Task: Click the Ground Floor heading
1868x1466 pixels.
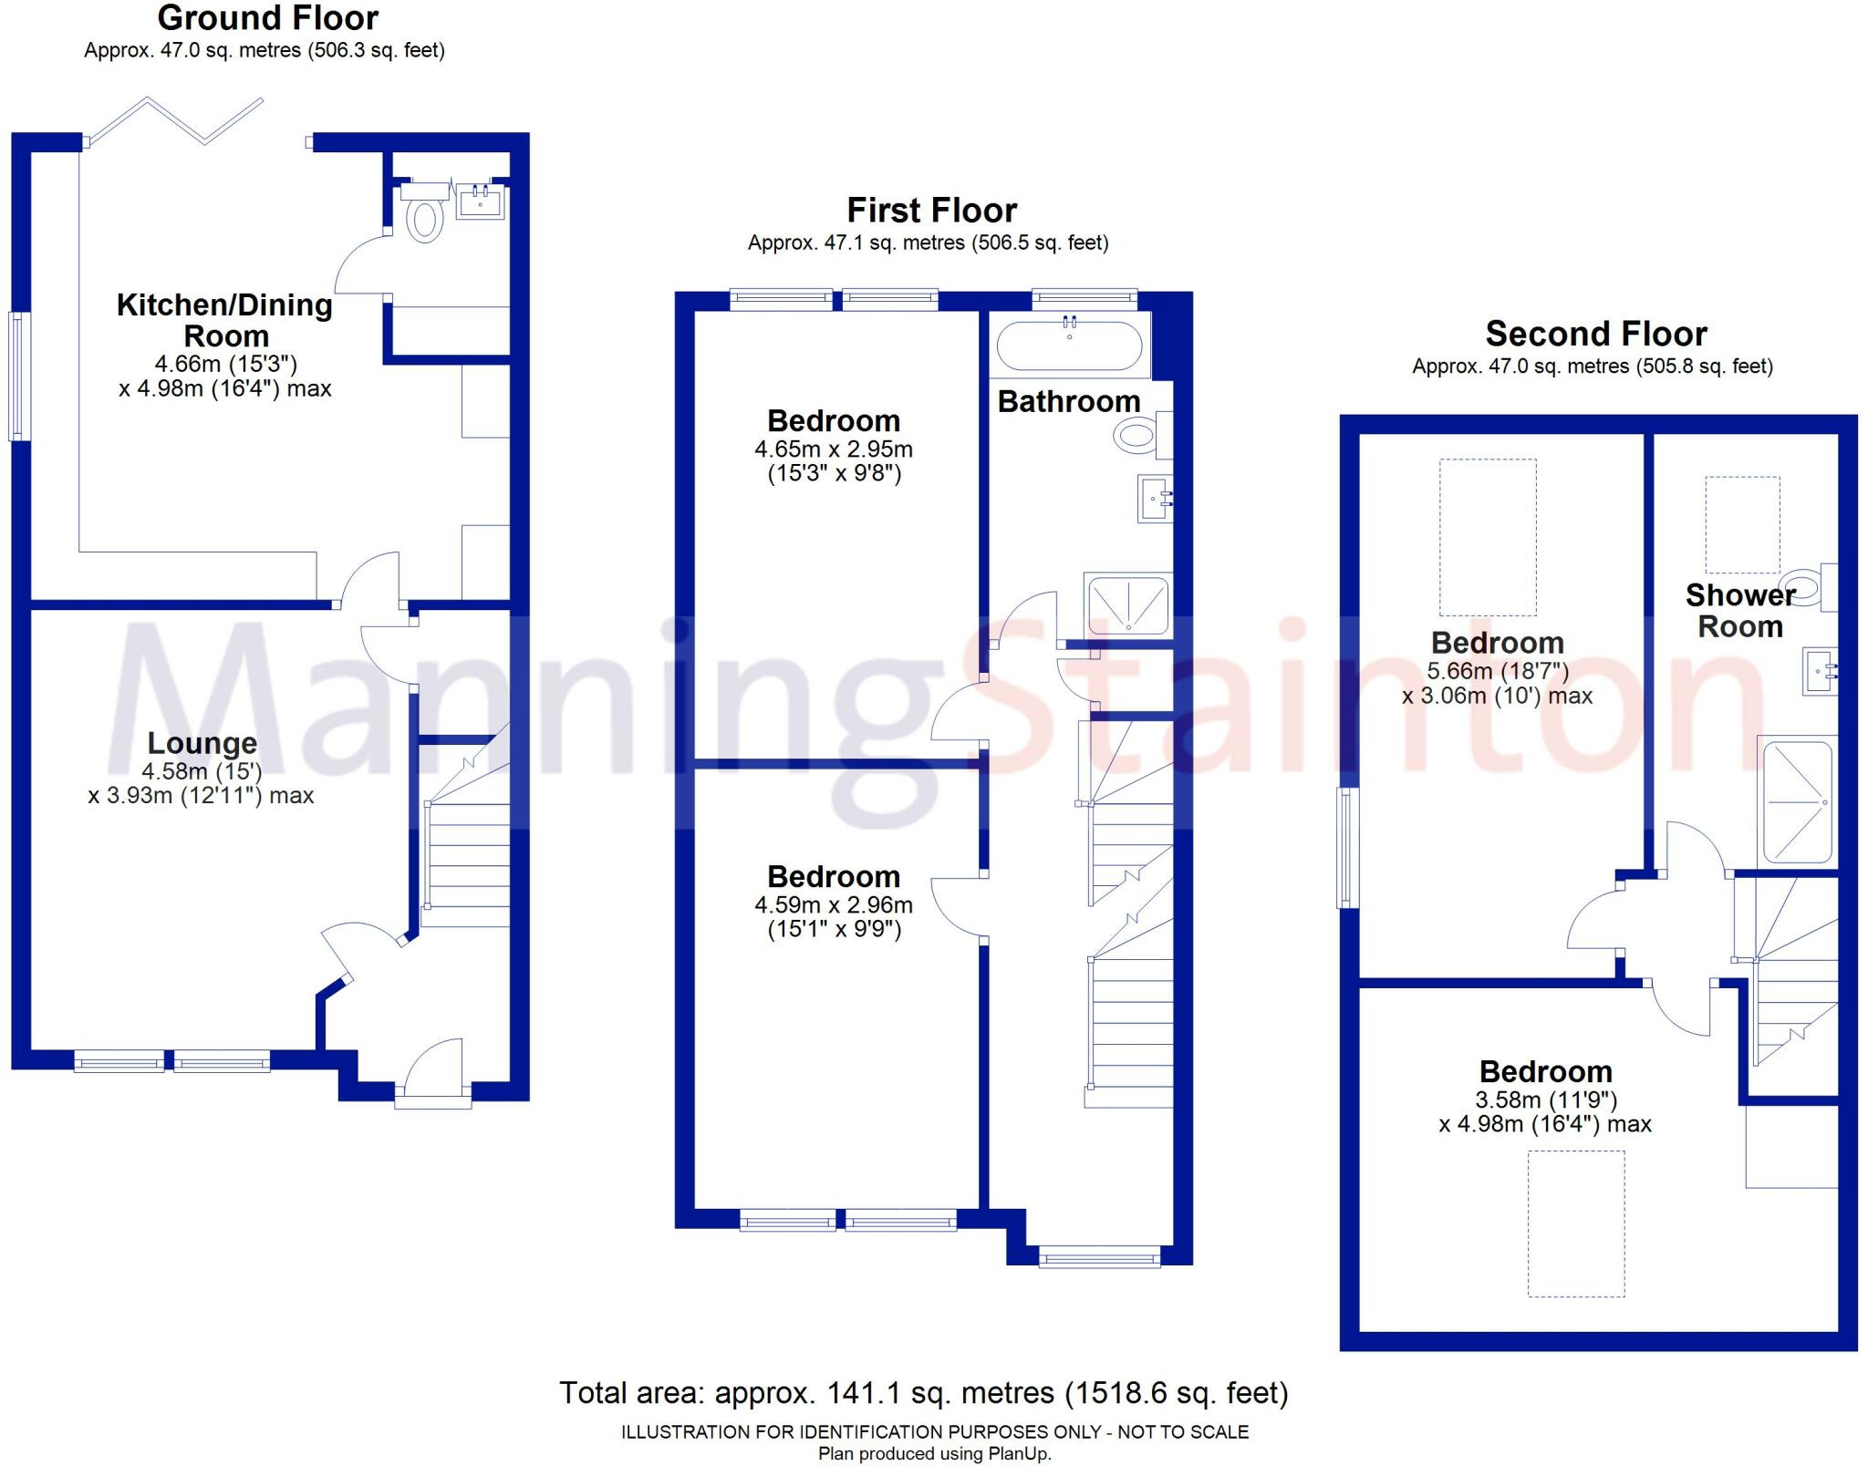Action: [267, 18]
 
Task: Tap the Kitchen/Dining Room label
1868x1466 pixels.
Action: [224, 319]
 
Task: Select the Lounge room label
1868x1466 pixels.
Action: [202, 743]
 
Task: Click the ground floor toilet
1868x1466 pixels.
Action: [424, 217]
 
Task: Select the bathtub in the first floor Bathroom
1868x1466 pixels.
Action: [1069, 346]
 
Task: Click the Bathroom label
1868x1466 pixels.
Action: [1069, 401]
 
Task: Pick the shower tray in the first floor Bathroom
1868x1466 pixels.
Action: [1127, 604]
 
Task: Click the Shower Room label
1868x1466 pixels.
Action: [1739, 611]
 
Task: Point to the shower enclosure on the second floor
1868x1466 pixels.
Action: [1797, 802]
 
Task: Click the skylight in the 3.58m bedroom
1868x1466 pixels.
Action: [1576, 1223]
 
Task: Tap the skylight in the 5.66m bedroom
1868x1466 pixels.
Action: [1488, 537]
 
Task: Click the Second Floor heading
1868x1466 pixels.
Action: [1596, 334]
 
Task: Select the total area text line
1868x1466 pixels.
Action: [923, 1393]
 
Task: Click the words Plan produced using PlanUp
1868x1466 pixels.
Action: [934, 1454]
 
